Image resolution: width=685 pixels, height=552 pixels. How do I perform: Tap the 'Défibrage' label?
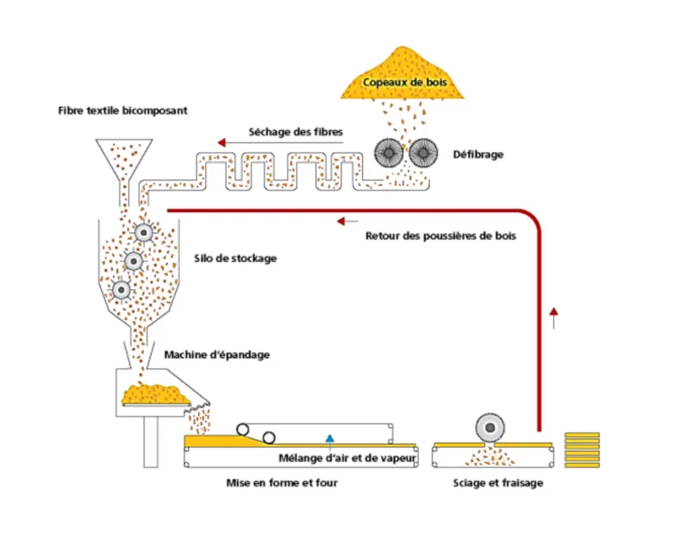click(478, 154)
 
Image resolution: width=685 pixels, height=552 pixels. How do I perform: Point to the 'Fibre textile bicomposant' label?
click(122, 111)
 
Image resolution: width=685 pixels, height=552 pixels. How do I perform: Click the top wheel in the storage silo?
click(144, 232)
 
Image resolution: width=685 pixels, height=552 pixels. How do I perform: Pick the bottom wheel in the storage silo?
click(121, 289)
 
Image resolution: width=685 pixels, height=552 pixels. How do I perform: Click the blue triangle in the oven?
click(330, 439)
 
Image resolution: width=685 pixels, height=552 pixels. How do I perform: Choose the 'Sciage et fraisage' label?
click(498, 483)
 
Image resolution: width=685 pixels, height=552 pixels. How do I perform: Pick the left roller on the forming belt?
click(245, 430)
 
